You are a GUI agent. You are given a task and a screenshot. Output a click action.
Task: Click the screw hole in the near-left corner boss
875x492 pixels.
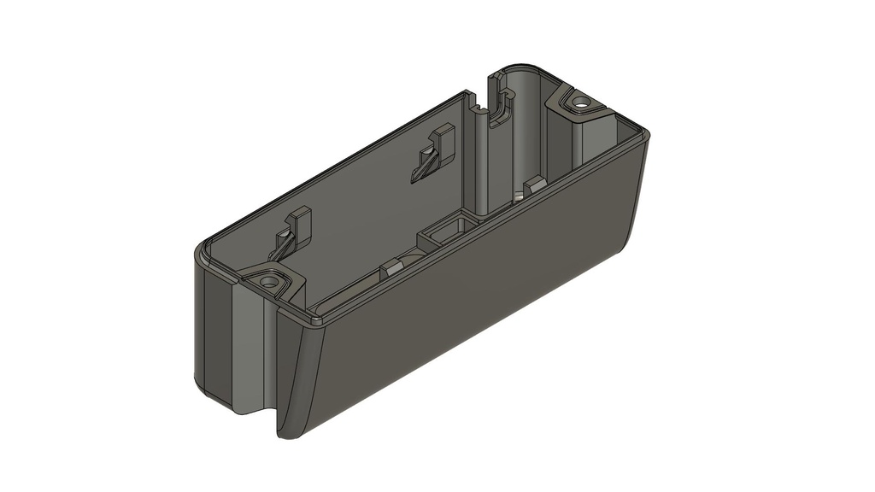pyautogui.click(x=270, y=280)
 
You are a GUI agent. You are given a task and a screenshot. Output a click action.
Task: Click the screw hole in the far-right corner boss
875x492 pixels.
pyautogui.click(x=582, y=102)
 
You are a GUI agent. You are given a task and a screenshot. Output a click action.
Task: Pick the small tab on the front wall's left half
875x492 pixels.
pyautogui.click(x=393, y=267)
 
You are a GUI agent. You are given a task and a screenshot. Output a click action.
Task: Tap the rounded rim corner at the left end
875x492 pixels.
pyautogui.click(x=200, y=253)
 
